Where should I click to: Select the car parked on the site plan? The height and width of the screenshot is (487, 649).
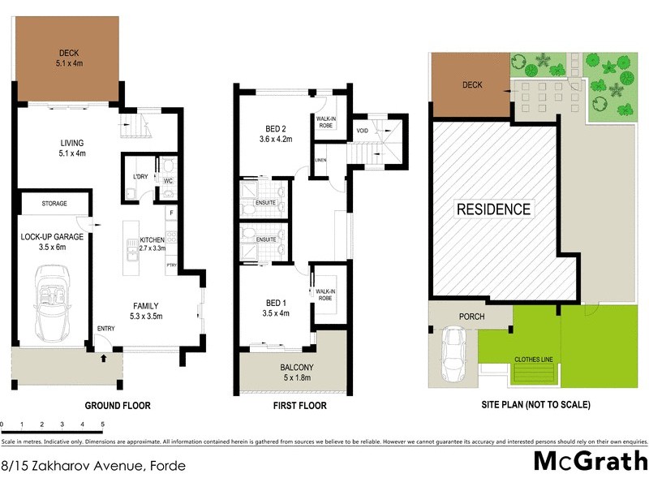pyautogui.click(x=453, y=354)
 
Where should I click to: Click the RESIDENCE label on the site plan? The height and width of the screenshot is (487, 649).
pyautogui.click(x=494, y=209)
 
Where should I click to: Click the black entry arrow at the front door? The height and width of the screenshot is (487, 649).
pyautogui.click(x=104, y=355)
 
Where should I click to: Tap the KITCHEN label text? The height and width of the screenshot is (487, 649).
pyautogui.click(x=152, y=240)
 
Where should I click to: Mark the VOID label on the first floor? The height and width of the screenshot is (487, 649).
pyautogui.click(x=363, y=129)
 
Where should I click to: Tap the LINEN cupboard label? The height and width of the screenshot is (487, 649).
pyautogui.click(x=320, y=161)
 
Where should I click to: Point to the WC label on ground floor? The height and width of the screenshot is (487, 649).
pyautogui.click(x=168, y=180)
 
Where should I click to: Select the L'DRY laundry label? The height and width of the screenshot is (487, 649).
pyautogui.click(x=138, y=178)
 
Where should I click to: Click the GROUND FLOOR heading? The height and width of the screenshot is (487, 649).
pyautogui.click(x=117, y=405)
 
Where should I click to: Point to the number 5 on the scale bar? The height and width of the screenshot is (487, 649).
pyautogui.click(x=102, y=425)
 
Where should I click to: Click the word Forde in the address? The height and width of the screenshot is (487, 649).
pyautogui.click(x=165, y=466)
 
